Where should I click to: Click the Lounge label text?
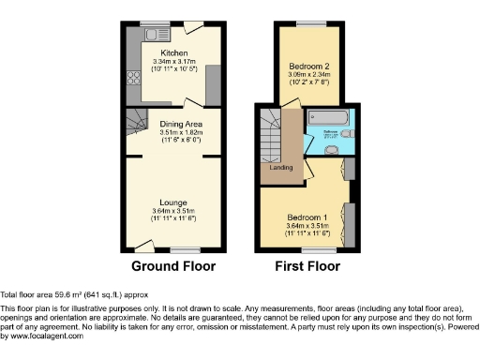point(172,202)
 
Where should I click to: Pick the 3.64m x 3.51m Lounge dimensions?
point(173,211)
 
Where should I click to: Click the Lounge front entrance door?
point(143,247)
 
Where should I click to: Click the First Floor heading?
point(307,266)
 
